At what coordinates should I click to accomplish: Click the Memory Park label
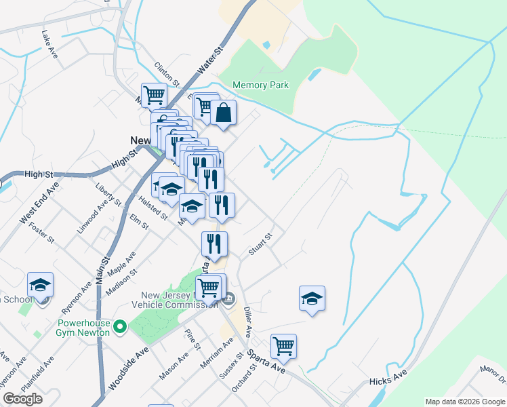point(260,85)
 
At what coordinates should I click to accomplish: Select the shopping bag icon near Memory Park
point(223,113)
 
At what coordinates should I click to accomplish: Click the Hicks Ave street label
point(388,382)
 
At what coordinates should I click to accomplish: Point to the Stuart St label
point(260,244)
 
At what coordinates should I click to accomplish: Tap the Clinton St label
point(167,74)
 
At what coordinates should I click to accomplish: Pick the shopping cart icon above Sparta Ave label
point(283,347)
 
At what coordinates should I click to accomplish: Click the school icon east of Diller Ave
point(312,298)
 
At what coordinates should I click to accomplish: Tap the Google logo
point(22,399)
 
